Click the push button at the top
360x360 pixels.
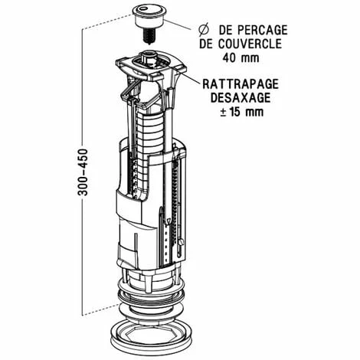click(149, 17)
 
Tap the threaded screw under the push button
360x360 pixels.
click(149, 37)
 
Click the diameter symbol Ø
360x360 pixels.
click(204, 30)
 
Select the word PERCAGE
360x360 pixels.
click(263, 30)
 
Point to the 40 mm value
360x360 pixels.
click(241, 57)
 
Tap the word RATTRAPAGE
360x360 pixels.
click(241, 84)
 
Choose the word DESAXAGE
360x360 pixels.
click(241, 98)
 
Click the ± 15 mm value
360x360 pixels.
click(242, 112)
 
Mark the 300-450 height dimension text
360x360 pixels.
click(83, 172)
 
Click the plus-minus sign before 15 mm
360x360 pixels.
click(223, 113)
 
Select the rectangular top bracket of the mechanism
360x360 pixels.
click(151, 67)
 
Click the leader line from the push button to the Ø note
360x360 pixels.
click(178, 25)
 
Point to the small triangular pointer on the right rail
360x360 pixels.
click(169, 220)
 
